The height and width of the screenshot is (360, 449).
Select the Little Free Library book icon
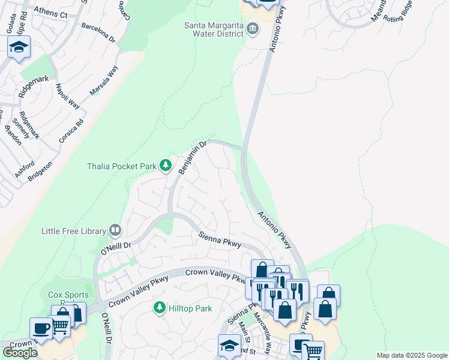[115, 230]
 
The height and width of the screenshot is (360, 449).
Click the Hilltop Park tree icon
[159, 308]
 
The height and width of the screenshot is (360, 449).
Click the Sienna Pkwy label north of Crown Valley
[220, 240]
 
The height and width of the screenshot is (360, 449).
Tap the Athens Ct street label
[51, 11]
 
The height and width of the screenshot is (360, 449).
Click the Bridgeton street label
[40, 173]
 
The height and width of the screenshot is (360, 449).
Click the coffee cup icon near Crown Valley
[41, 329]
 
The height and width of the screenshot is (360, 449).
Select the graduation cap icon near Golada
[19, 47]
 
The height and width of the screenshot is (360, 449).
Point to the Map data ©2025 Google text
[411, 355]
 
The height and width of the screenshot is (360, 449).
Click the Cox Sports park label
[68, 295]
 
